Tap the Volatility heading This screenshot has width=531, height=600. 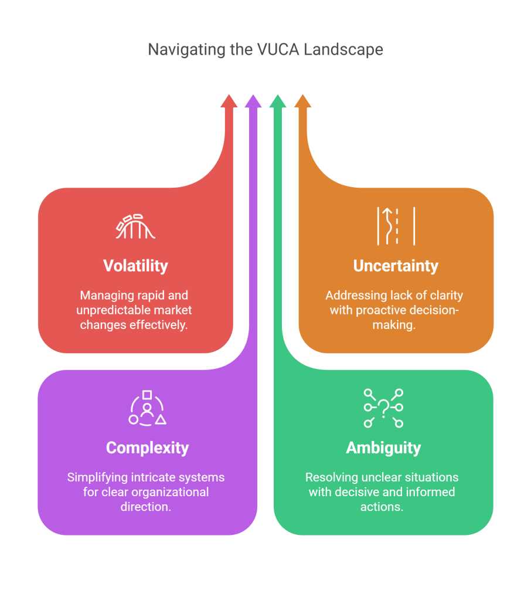[135, 266]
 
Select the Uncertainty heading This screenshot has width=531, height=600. [396, 266]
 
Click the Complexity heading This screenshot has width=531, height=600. [147, 448]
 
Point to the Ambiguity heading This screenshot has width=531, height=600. [383, 448]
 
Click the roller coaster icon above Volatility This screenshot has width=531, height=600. [135, 226]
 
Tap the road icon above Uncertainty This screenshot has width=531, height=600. [396, 225]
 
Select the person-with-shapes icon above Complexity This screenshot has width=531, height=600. [147, 408]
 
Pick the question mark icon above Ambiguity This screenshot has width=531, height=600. [383, 408]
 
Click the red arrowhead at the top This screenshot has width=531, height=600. [229, 101]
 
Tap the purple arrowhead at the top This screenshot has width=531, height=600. [253, 101]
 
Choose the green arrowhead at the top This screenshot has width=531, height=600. [278, 101]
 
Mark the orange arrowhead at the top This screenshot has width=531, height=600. [302, 101]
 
